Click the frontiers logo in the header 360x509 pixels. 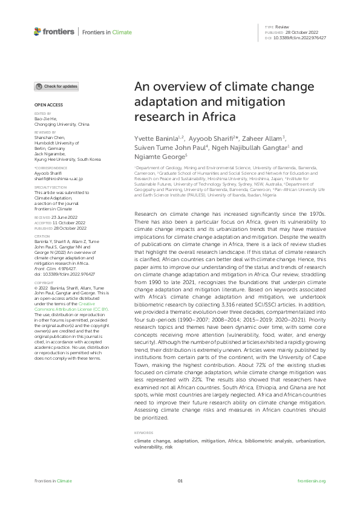pos(54,31)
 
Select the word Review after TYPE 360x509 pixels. pos(281,27)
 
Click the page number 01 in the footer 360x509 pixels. pos(180,481)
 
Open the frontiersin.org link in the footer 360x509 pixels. pos(312,481)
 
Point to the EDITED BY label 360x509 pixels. pos(42,113)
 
